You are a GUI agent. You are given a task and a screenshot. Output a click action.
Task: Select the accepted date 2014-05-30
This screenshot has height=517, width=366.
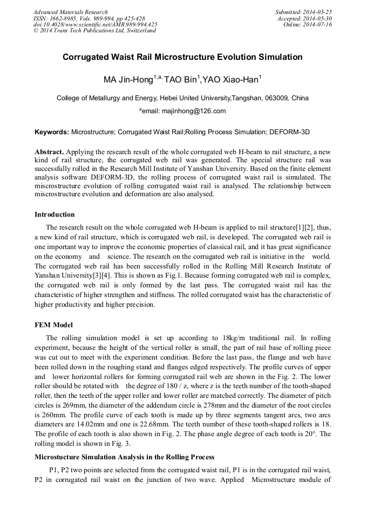318,18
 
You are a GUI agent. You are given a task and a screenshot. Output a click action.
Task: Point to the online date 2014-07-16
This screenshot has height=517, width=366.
318,24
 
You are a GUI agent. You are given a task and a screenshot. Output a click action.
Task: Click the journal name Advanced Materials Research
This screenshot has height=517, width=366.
70,12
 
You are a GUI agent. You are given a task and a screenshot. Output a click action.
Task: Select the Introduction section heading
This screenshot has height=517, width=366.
55,215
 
